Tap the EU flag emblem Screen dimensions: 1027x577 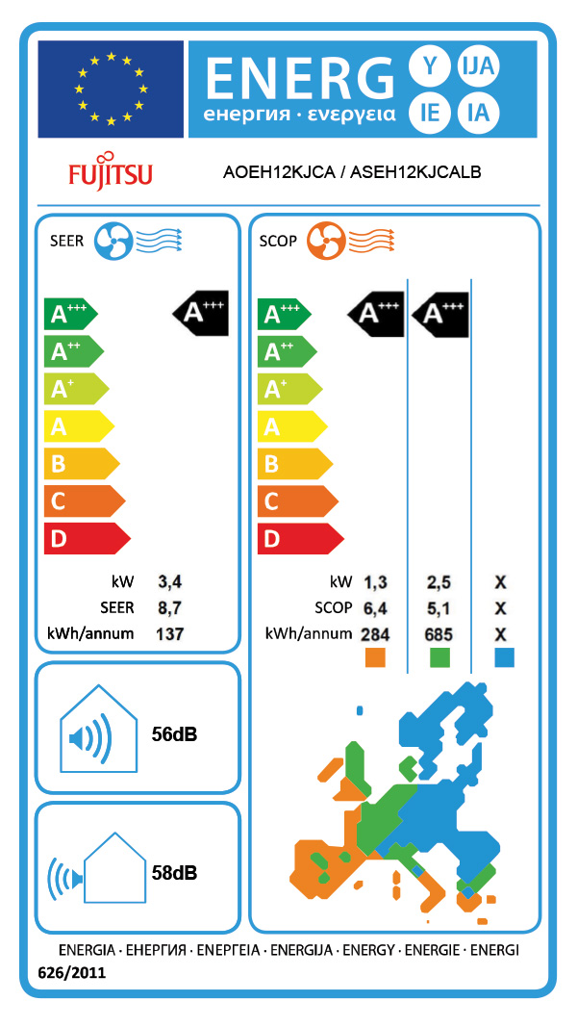[111, 90]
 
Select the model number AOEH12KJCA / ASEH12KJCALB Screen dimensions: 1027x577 [352, 172]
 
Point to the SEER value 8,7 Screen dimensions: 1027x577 [169, 607]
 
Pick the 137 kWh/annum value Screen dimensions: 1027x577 [169, 633]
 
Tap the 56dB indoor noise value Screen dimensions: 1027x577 [174, 734]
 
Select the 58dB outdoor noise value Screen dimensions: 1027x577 [174, 873]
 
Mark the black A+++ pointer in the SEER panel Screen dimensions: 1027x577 [201, 312]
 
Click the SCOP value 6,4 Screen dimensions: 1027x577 [374, 607]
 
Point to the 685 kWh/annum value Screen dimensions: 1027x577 [439, 634]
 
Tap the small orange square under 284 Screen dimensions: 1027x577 [375, 657]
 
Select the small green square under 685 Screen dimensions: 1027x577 [439, 657]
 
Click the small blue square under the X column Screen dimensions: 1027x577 [503, 657]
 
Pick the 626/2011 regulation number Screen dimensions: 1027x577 [71, 973]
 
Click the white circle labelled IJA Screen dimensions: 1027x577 [477, 66]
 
